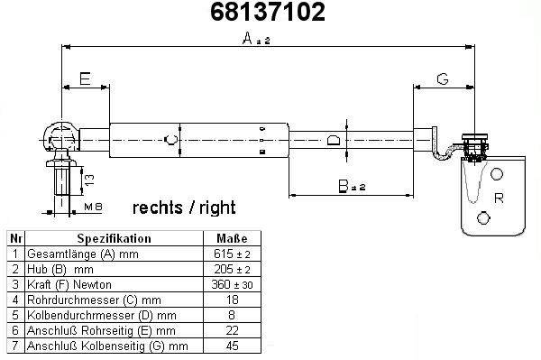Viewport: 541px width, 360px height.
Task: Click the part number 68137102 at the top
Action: coord(268,12)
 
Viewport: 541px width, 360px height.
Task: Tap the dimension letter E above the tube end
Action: coord(85,78)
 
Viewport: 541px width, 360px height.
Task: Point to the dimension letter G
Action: coord(443,79)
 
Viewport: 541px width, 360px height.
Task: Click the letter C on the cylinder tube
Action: coord(171,140)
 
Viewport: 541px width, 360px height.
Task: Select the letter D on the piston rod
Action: coord(334,141)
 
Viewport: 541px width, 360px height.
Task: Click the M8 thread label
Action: coord(93,207)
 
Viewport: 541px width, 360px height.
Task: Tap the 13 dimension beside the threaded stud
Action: coord(89,180)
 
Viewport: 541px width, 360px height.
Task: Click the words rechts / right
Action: coord(184,208)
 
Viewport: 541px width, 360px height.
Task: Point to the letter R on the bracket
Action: coord(499,198)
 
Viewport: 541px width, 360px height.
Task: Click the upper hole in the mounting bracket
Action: coord(497,174)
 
